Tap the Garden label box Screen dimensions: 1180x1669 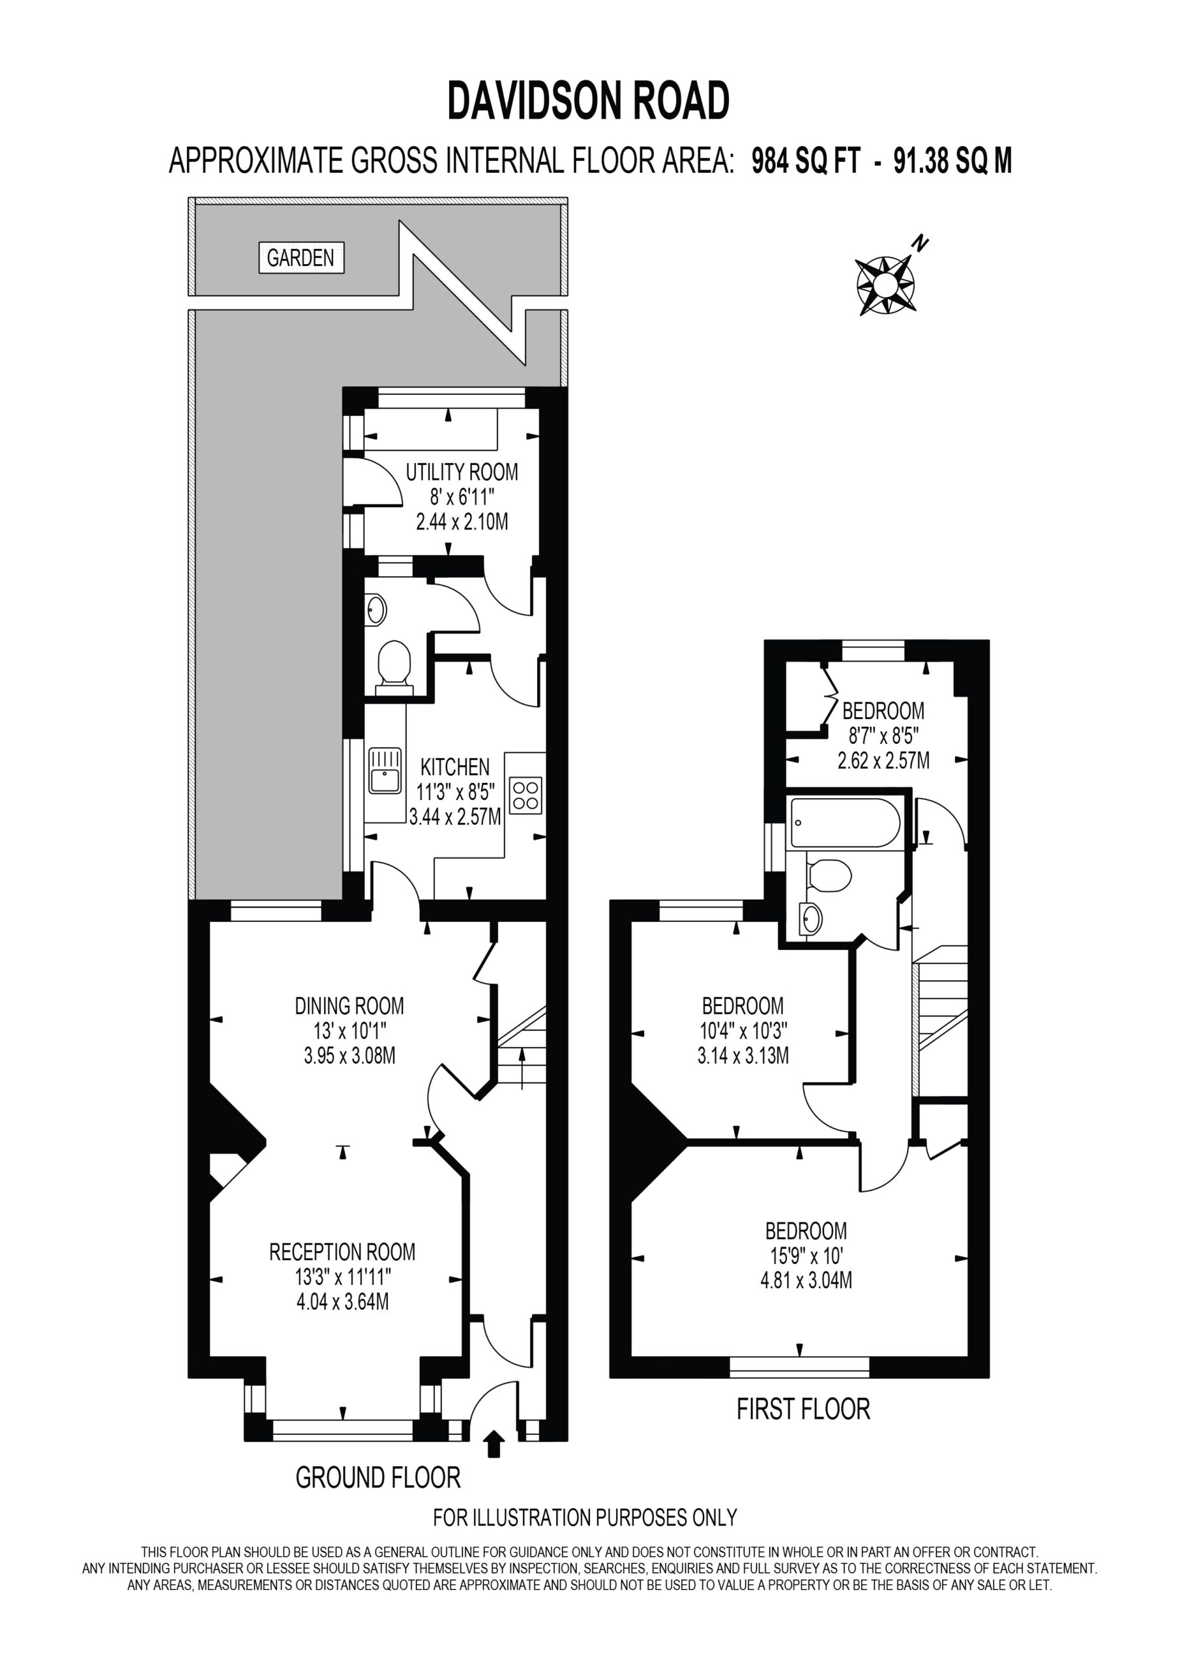(x=301, y=258)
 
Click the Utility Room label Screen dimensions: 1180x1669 (x=462, y=472)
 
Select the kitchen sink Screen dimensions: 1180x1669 (x=385, y=771)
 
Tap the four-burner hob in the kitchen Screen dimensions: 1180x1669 (x=525, y=795)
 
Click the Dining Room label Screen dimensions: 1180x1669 (x=349, y=1006)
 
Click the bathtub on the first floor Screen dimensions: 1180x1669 (x=845, y=822)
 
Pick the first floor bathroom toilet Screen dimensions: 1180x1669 (x=829, y=876)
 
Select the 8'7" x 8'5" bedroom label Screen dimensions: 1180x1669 (x=883, y=735)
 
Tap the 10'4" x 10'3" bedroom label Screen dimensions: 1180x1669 (x=743, y=1031)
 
